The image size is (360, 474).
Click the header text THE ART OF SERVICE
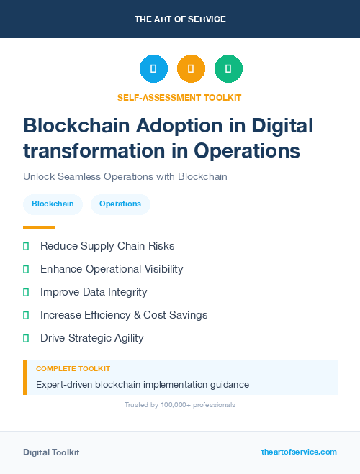[180, 19]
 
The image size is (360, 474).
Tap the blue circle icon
[153, 69]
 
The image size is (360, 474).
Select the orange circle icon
[191, 69]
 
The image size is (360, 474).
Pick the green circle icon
[228, 69]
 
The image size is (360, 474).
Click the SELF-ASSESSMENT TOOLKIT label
[179, 97]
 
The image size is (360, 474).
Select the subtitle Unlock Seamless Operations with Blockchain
[125, 176]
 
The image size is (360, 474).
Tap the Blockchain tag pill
[53, 204]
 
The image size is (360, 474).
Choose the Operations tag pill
[120, 204]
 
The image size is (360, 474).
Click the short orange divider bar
[39, 227]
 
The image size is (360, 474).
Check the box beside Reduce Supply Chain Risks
[26, 246]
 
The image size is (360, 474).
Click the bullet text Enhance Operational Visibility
[112, 269]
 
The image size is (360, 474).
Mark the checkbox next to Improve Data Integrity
[26, 292]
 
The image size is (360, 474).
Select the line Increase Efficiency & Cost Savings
[124, 315]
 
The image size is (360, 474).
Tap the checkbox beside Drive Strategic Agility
[26, 338]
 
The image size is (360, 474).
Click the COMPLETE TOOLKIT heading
[73, 369]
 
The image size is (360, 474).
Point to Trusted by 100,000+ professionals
[179, 405]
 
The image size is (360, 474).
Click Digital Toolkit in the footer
[51, 452]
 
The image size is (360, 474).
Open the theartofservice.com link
[299, 452]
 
